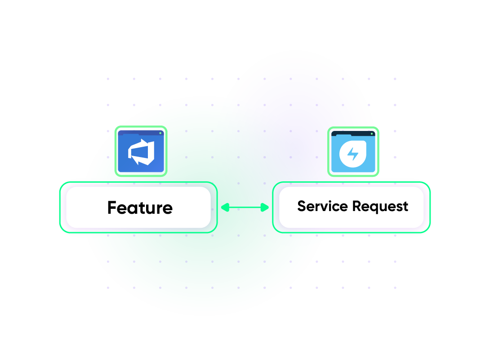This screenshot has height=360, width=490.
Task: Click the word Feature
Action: (140, 208)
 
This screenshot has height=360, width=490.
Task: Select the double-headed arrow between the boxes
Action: (245, 207)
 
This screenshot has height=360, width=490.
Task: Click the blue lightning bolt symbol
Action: (353, 154)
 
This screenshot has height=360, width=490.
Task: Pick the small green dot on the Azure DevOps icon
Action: (160, 133)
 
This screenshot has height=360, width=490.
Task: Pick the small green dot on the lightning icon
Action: (372, 134)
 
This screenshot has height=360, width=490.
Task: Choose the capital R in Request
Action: (357, 206)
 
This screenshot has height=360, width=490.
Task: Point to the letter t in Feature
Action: (144, 208)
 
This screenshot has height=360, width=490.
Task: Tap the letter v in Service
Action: (325, 207)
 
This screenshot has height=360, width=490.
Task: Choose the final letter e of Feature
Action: (167, 209)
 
